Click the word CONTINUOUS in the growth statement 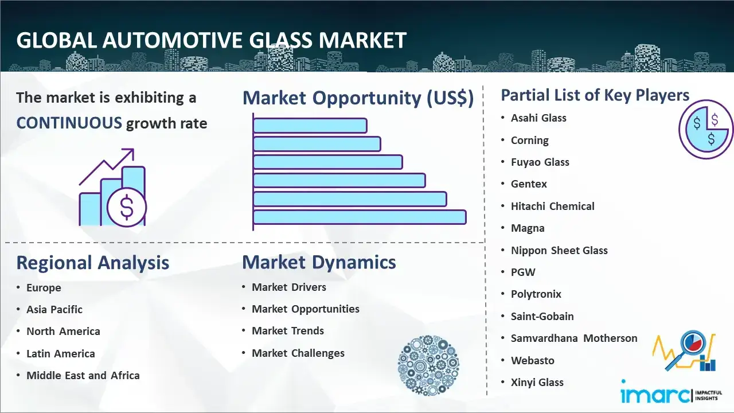click(69, 123)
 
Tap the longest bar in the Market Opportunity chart click(360, 217)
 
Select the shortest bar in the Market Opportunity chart click(310, 126)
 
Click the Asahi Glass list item click(538, 118)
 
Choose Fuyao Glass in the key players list click(540, 162)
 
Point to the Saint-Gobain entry click(542, 316)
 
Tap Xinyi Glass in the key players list click(537, 382)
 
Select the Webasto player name click(533, 361)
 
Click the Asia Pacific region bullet click(54, 309)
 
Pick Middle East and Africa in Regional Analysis click(83, 375)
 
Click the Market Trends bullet click(288, 331)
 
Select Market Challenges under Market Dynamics click(298, 353)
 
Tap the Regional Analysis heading click(93, 263)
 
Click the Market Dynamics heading click(319, 262)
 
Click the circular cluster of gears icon click(428, 365)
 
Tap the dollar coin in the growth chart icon click(127, 208)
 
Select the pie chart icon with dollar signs click(705, 130)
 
